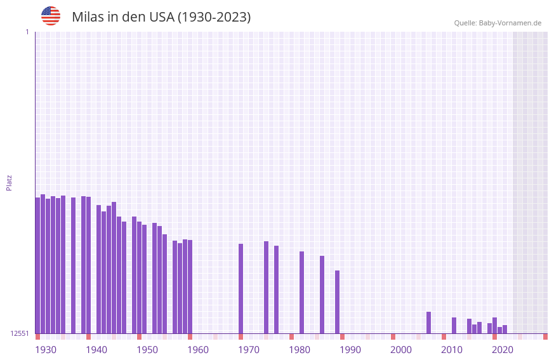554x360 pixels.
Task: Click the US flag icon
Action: [x=51, y=16]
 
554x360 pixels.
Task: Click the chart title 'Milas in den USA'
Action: [x=161, y=17]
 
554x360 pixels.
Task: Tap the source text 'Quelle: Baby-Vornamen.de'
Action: [x=498, y=23]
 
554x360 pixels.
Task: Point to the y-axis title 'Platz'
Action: [x=9, y=182]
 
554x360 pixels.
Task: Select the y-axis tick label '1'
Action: [x=27, y=32]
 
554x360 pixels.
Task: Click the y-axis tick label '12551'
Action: [x=20, y=333]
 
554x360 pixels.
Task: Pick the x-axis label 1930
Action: [x=46, y=350]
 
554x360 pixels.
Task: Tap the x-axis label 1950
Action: [x=147, y=350]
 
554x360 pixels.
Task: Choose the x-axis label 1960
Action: [x=198, y=350]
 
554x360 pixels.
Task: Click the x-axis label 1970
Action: [x=249, y=350]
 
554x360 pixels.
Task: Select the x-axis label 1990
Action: [x=350, y=350]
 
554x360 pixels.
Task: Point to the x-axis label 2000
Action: [x=401, y=350]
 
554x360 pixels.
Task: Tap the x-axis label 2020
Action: [x=503, y=350]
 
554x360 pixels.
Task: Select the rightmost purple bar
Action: [x=505, y=329]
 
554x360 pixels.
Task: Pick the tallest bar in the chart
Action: [x=43, y=263]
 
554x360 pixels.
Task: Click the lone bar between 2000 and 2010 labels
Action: [x=428, y=323]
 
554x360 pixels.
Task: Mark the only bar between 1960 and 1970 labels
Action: [x=241, y=288]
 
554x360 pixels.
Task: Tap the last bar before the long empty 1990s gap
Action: [x=337, y=302]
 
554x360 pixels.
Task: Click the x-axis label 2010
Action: [x=452, y=350]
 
